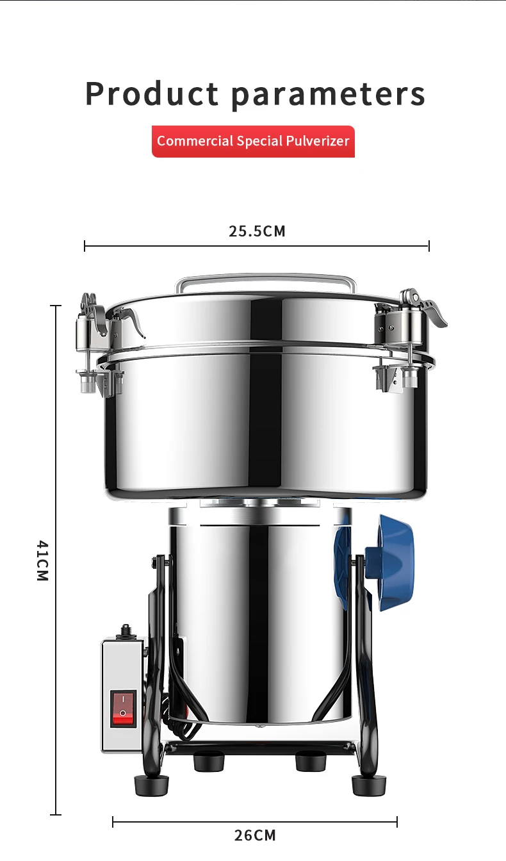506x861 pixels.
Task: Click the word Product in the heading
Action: (x=152, y=94)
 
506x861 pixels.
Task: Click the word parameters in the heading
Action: (x=328, y=95)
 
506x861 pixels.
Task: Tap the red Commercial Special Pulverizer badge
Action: (x=253, y=141)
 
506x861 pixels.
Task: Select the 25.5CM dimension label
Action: (x=257, y=231)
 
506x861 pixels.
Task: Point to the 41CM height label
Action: (x=42, y=561)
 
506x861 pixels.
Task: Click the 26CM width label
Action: (x=255, y=835)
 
